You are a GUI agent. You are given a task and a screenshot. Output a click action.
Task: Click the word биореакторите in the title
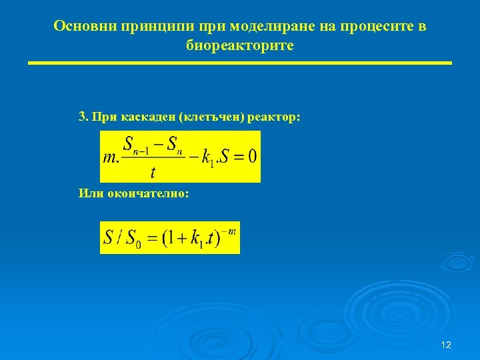coord(239,46)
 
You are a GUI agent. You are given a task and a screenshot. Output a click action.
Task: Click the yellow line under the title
coord(239,63)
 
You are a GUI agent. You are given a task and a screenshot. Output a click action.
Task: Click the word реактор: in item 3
coord(274,117)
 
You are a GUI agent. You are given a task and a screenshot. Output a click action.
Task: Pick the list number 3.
coord(82,117)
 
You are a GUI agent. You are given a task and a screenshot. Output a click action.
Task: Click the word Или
coord(89,193)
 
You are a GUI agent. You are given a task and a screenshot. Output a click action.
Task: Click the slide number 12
coord(446,345)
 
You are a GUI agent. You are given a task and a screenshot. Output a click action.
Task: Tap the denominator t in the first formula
coord(153,173)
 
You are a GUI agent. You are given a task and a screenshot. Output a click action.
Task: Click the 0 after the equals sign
coord(251,157)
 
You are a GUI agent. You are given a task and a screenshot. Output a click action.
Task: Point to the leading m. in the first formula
coord(111,158)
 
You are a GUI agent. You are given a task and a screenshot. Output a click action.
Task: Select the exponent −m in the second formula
coord(231,231)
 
